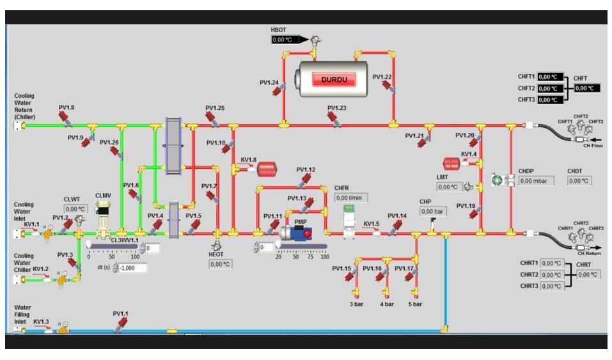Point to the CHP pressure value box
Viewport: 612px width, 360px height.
coord(432,212)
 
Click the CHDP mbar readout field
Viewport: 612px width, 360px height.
coord(536,181)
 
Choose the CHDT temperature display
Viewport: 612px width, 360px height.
coord(579,181)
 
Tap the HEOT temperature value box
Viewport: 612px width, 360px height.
coord(220,264)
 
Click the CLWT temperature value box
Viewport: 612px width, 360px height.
coord(75,209)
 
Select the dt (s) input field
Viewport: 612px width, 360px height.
coord(133,268)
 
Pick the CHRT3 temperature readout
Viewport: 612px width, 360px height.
coord(552,286)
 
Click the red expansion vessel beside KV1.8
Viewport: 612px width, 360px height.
coord(267,169)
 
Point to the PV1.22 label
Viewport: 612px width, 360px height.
coord(382,77)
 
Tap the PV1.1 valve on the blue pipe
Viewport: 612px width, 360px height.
coord(119,325)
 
